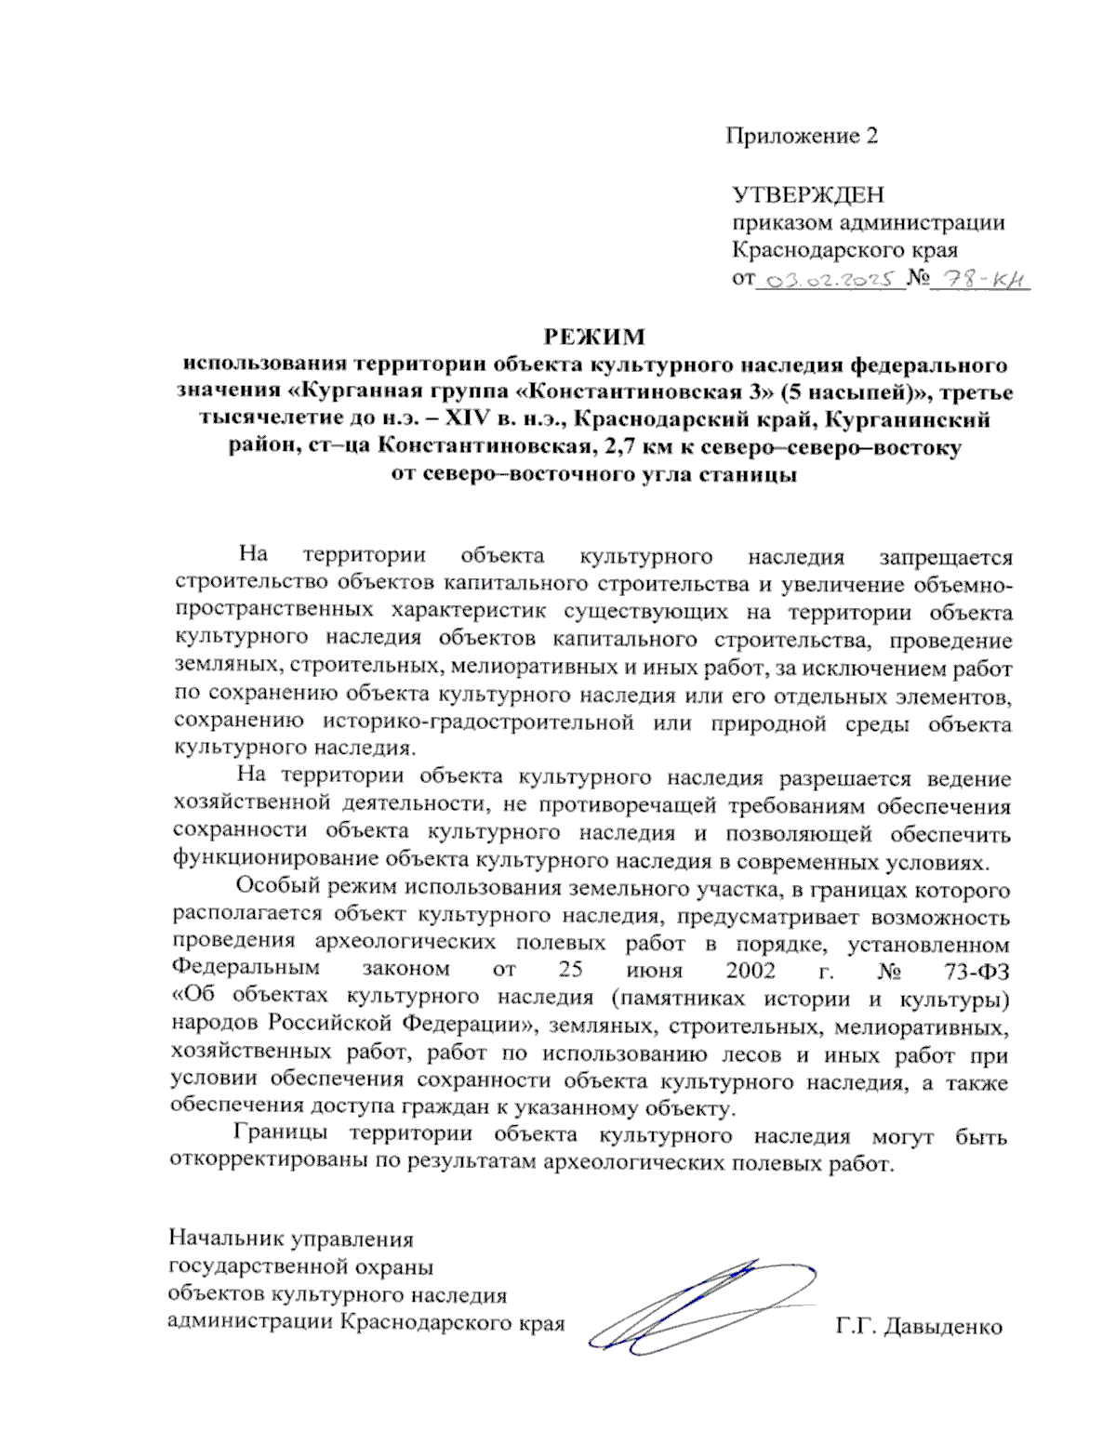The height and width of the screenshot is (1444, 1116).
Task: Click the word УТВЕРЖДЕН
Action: (807, 195)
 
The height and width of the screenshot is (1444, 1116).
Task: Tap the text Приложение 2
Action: (802, 136)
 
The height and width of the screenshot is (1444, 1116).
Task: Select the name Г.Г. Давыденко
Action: (919, 1326)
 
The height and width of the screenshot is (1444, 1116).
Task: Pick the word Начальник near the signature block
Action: (226, 1239)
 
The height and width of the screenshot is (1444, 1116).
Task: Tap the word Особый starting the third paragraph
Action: (276, 889)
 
